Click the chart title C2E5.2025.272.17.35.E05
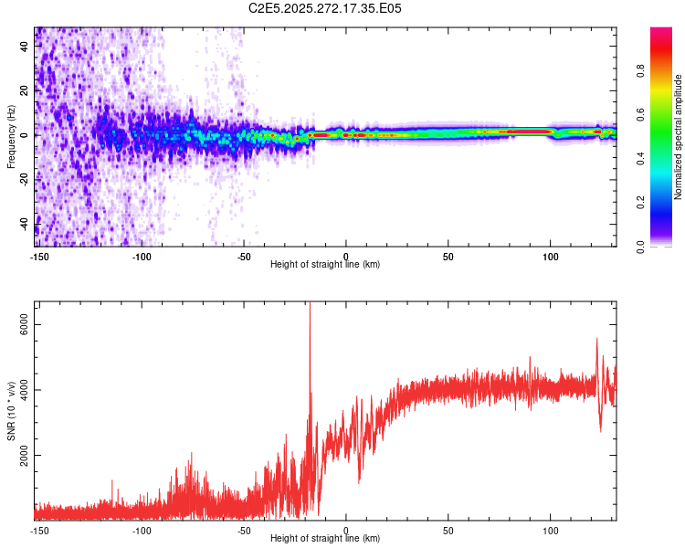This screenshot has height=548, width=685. tap(325, 8)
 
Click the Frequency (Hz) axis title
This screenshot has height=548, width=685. tap(11, 136)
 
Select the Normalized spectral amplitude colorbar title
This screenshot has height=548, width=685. tap(679, 137)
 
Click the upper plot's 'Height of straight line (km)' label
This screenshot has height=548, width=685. tap(325, 264)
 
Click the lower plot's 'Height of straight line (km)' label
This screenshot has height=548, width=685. tap(325, 538)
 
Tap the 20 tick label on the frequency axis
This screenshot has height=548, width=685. tap(24, 90)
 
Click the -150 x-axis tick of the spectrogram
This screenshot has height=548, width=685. tap(38, 257)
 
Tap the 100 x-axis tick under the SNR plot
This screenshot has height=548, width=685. tap(550, 531)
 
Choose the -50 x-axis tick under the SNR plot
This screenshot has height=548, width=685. tap(243, 531)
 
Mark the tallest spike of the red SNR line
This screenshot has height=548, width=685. tap(310, 305)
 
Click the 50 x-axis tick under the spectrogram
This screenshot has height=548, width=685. tap(448, 257)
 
